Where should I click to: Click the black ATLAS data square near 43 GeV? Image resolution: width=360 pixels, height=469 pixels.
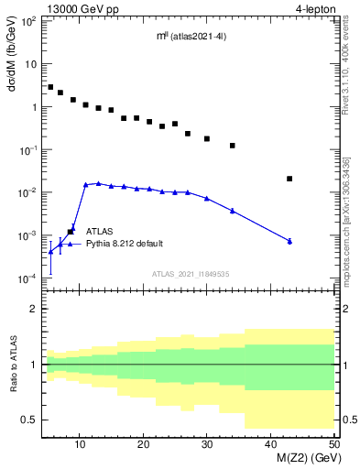[289, 179]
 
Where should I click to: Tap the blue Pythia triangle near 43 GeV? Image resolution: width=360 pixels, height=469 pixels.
[289, 241]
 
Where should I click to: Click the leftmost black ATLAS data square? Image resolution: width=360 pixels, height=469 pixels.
[50, 87]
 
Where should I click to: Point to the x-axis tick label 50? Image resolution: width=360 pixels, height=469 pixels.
[333, 444]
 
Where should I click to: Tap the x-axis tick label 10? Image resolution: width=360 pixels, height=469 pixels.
[81, 444]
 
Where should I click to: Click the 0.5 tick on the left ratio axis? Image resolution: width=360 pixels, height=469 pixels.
[30, 420]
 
